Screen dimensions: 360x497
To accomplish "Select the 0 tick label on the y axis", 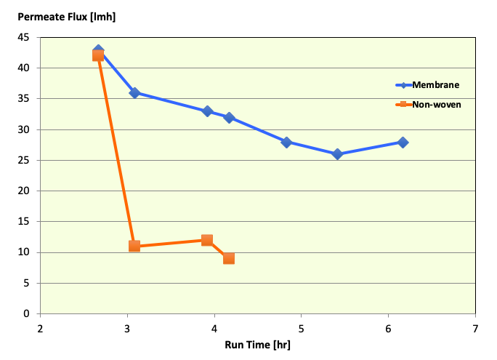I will coord(27,314).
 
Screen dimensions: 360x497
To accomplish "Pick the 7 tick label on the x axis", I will coord(475,328).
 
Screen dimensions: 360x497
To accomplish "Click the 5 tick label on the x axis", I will coord(301,328).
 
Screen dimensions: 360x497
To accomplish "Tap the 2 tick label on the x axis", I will coord(40,328).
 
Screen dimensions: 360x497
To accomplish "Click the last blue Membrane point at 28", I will coord(403,143).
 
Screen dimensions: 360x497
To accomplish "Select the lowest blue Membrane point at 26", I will coord(337,154).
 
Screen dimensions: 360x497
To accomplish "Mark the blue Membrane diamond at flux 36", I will coord(134,93).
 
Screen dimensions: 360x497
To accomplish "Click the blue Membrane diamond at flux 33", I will coord(207,111).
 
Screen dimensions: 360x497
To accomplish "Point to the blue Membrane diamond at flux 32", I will coord(229,118).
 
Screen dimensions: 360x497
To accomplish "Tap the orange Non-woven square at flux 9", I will coord(229,258).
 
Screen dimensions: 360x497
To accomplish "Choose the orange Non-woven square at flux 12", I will coord(207,240).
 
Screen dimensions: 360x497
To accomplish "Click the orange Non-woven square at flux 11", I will coord(134,246).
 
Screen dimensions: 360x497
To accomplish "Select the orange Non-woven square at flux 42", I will coord(98,56).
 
